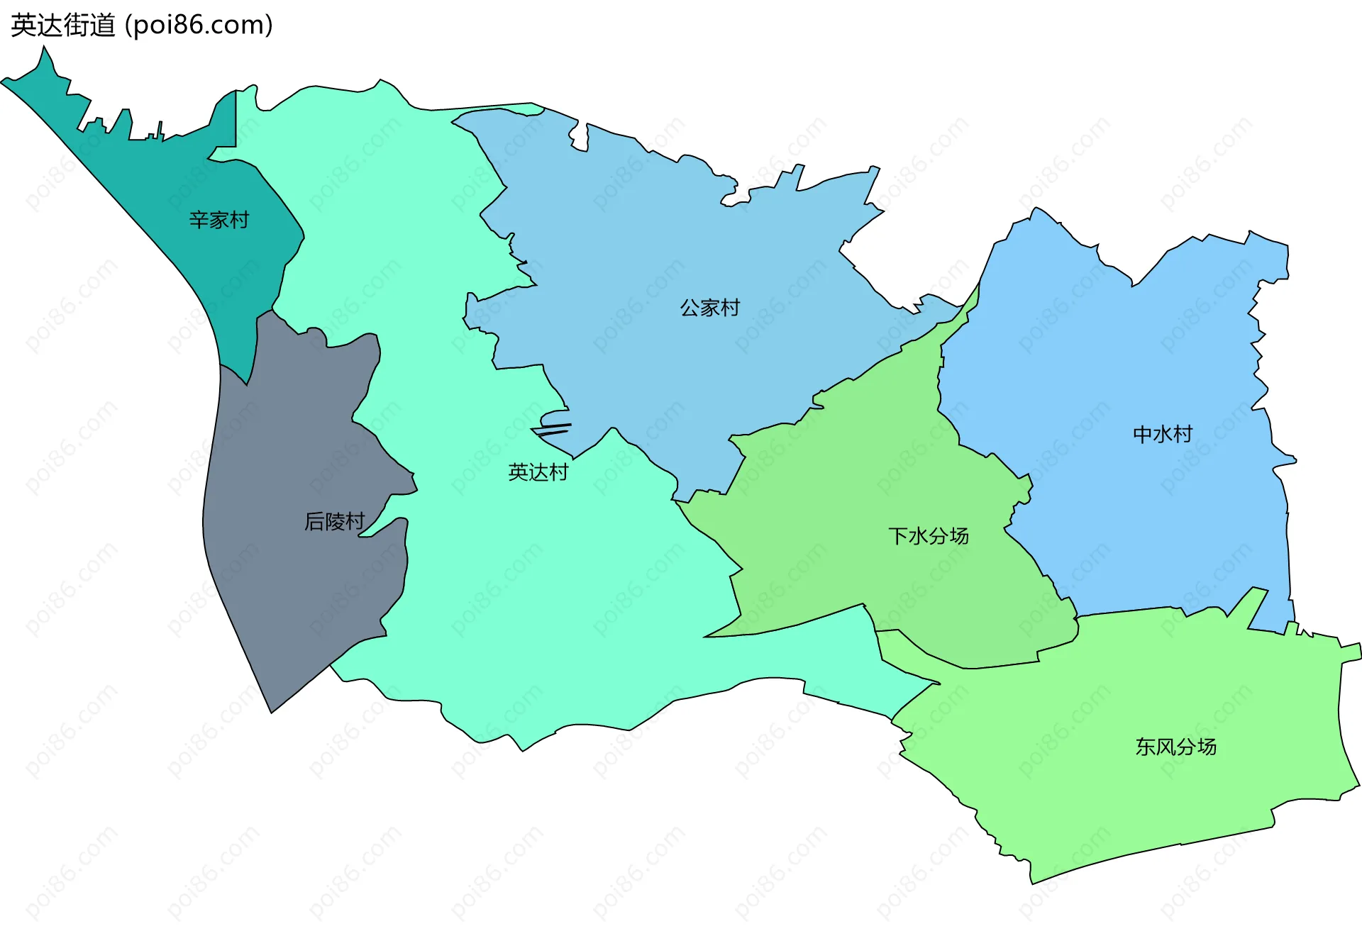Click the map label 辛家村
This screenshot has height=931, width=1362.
tap(219, 220)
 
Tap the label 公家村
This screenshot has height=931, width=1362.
tap(709, 308)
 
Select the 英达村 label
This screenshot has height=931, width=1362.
tap(538, 472)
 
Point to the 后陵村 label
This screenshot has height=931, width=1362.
tap(334, 522)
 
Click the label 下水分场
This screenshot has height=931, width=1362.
tap(929, 536)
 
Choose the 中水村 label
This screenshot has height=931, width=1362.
tap(1163, 434)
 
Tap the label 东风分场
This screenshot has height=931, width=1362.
tap(1176, 747)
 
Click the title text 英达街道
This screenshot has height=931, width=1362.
tap(63, 26)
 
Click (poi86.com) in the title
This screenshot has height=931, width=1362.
tap(199, 26)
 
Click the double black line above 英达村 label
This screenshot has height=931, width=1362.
tap(552, 429)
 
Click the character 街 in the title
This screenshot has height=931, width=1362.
tap(80, 26)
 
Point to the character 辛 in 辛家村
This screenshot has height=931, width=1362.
tap(199, 220)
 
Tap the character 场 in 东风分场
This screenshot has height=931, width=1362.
tap(1207, 747)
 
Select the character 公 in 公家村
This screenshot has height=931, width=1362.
tap(690, 308)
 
